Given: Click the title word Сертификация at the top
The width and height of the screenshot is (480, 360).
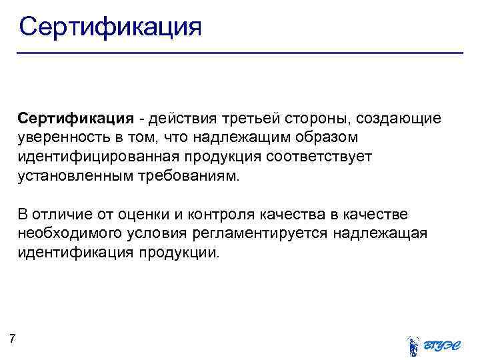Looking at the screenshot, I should click(x=110, y=27).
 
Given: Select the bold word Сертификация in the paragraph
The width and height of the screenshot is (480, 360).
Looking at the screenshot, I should click(x=77, y=118).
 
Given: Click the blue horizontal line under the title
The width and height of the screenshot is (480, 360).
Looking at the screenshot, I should click(x=240, y=53).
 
